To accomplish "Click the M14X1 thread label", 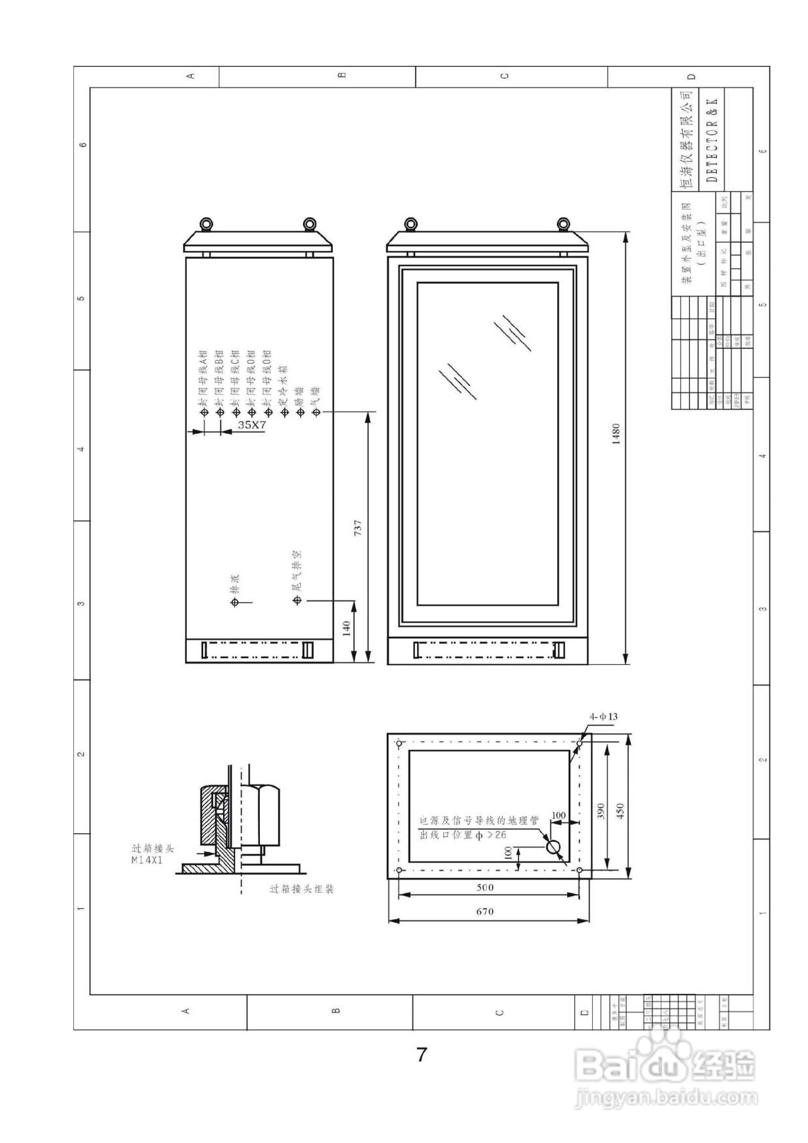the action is [x=147, y=860].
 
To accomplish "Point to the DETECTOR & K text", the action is [x=712, y=140].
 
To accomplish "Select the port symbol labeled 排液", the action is [x=235, y=602].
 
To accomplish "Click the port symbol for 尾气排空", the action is [x=297, y=601].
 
